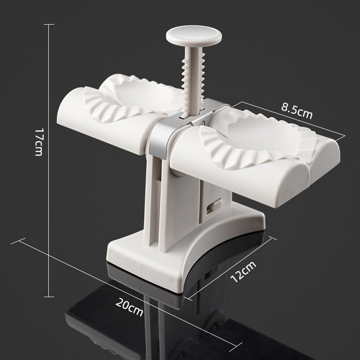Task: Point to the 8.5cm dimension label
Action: pos(297,110)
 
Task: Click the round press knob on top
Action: pos(194,35)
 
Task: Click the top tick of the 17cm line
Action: pos(49,24)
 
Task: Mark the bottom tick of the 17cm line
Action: pos(49,297)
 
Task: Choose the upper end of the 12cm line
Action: pos(271,238)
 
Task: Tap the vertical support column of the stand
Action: pos(175,198)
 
